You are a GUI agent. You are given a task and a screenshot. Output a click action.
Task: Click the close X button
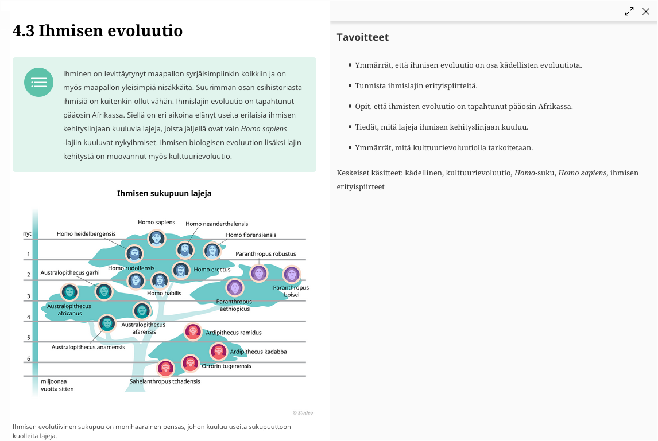(646, 11)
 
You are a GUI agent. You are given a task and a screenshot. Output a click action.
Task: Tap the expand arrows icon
(629, 11)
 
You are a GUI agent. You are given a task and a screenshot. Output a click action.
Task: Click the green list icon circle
(38, 83)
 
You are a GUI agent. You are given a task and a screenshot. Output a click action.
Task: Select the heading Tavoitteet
(363, 37)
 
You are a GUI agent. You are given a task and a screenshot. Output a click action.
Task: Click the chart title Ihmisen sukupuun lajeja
(164, 193)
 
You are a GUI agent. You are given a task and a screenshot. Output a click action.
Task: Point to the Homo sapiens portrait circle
(157, 239)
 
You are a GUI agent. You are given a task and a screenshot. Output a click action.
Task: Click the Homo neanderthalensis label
(217, 224)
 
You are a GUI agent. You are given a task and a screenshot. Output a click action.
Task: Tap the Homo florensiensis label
(251, 235)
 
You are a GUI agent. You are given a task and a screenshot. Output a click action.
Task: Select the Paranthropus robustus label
(266, 253)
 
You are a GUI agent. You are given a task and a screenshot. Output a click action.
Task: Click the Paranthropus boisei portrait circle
(292, 274)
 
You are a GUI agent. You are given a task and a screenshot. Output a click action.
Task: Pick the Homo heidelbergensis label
(86, 233)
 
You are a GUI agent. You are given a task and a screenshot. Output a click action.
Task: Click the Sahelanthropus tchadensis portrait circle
(165, 368)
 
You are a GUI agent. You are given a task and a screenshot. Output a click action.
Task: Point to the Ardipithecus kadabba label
(258, 352)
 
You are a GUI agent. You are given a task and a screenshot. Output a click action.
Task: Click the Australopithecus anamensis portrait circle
(107, 323)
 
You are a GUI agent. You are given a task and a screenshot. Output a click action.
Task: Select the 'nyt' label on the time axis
(27, 233)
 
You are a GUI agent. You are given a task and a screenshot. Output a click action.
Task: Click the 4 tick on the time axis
(28, 317)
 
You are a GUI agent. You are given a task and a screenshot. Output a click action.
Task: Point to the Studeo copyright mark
(303, 412)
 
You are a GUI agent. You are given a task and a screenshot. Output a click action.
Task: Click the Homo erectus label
(212, 269)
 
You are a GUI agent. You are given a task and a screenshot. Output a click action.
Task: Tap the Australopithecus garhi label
(70, 272)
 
